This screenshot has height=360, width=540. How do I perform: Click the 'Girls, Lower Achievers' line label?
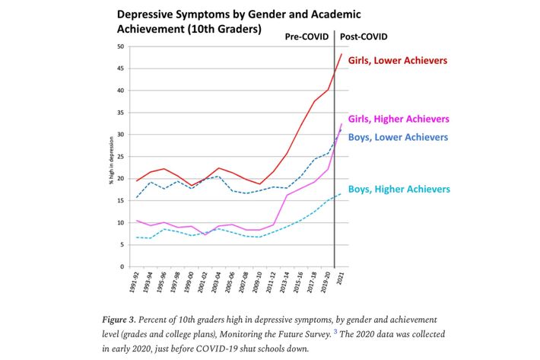click(398, 60)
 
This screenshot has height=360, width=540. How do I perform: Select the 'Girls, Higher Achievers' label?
click(399, 119)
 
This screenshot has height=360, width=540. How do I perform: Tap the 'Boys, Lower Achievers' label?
click(396, 137)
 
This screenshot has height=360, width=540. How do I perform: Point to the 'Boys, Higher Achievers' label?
click(399, 189)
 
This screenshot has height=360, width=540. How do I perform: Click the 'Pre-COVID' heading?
click(308, 36)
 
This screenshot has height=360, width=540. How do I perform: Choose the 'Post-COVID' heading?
click(364, 36)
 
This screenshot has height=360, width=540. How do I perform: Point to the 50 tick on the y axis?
click(120, 47)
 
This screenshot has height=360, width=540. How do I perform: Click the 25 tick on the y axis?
click(120, 157)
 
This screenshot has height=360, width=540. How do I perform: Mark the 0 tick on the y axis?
click(122, 267)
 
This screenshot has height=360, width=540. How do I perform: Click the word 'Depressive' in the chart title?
click(147, 14)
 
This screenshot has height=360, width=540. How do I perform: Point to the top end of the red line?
click(341, 53)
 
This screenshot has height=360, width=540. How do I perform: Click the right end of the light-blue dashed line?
click(340, 194)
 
